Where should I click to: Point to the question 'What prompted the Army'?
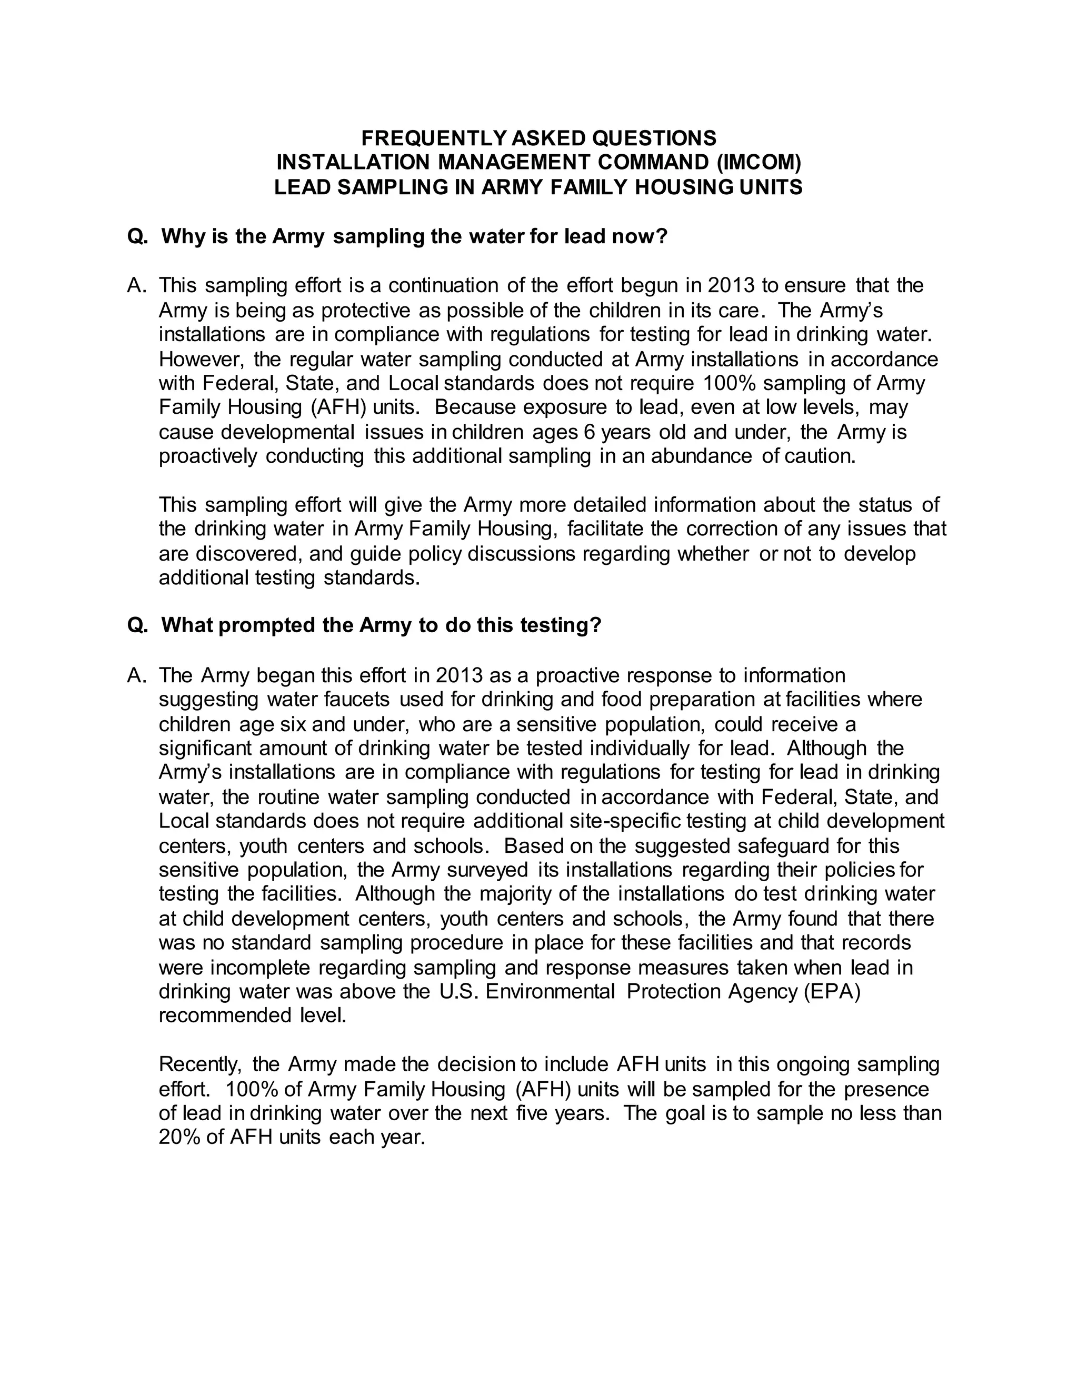pos(381,625)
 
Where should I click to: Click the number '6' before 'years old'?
pos(589,432)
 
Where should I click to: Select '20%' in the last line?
pos(179,1138)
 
